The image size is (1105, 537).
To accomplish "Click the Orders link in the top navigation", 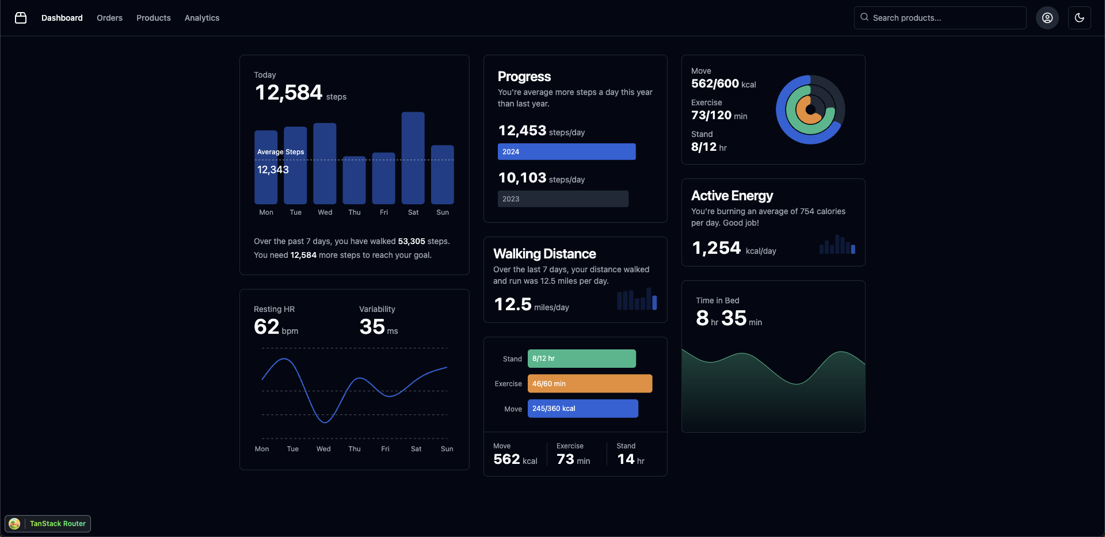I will click(109, 18).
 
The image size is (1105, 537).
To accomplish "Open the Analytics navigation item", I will click(202, 18).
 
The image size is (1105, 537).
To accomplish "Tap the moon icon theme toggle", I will click(1079, 18).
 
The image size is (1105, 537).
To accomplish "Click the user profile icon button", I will click(1047, 18).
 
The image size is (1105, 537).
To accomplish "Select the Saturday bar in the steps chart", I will click(413, 158).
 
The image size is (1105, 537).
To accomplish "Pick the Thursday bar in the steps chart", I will click(354, 180).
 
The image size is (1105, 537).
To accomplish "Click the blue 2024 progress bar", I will click(566, 152).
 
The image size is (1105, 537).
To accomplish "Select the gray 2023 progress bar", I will click(563, 199).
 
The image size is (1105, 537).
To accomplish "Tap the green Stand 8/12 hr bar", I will click(581, 359).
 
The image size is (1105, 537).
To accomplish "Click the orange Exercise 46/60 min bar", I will click(589, 384).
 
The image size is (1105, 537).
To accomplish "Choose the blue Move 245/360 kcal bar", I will click(582, 409).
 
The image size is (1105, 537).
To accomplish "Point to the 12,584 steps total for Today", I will click(288, 93).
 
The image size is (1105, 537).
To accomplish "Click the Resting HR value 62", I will click(266, 327).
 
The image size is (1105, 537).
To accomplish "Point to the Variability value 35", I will click(372, 327).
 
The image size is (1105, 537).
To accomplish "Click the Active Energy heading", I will click(731, 196).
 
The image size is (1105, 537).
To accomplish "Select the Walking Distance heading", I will click(544, 254).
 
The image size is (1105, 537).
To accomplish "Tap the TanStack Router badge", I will click(48, 524).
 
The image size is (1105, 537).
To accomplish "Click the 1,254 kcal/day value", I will click(717, 248).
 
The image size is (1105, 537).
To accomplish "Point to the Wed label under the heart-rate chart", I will click(323, 449).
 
